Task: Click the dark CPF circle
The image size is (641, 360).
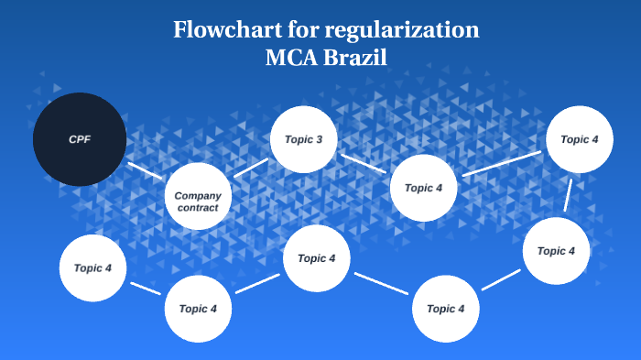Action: point(79,139)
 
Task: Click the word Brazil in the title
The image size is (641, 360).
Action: point(358,57)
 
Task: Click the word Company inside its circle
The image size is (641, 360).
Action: point(198,195)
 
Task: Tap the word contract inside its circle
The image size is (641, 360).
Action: point(198,208)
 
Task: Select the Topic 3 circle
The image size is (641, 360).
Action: point(304,139)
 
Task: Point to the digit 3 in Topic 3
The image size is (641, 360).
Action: point(319,139)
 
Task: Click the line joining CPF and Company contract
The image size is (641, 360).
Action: point(145,171)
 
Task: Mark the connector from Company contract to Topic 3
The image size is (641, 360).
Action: point(251,168)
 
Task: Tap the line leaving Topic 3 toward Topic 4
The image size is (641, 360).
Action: point(364,163)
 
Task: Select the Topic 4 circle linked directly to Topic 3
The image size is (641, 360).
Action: point(423,188)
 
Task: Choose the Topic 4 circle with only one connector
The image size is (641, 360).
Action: point(92,268)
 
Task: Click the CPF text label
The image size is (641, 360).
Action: point(79,139)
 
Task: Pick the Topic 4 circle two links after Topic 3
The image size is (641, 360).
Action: point(579,139)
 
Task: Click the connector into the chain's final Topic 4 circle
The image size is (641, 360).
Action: point(147,289)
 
